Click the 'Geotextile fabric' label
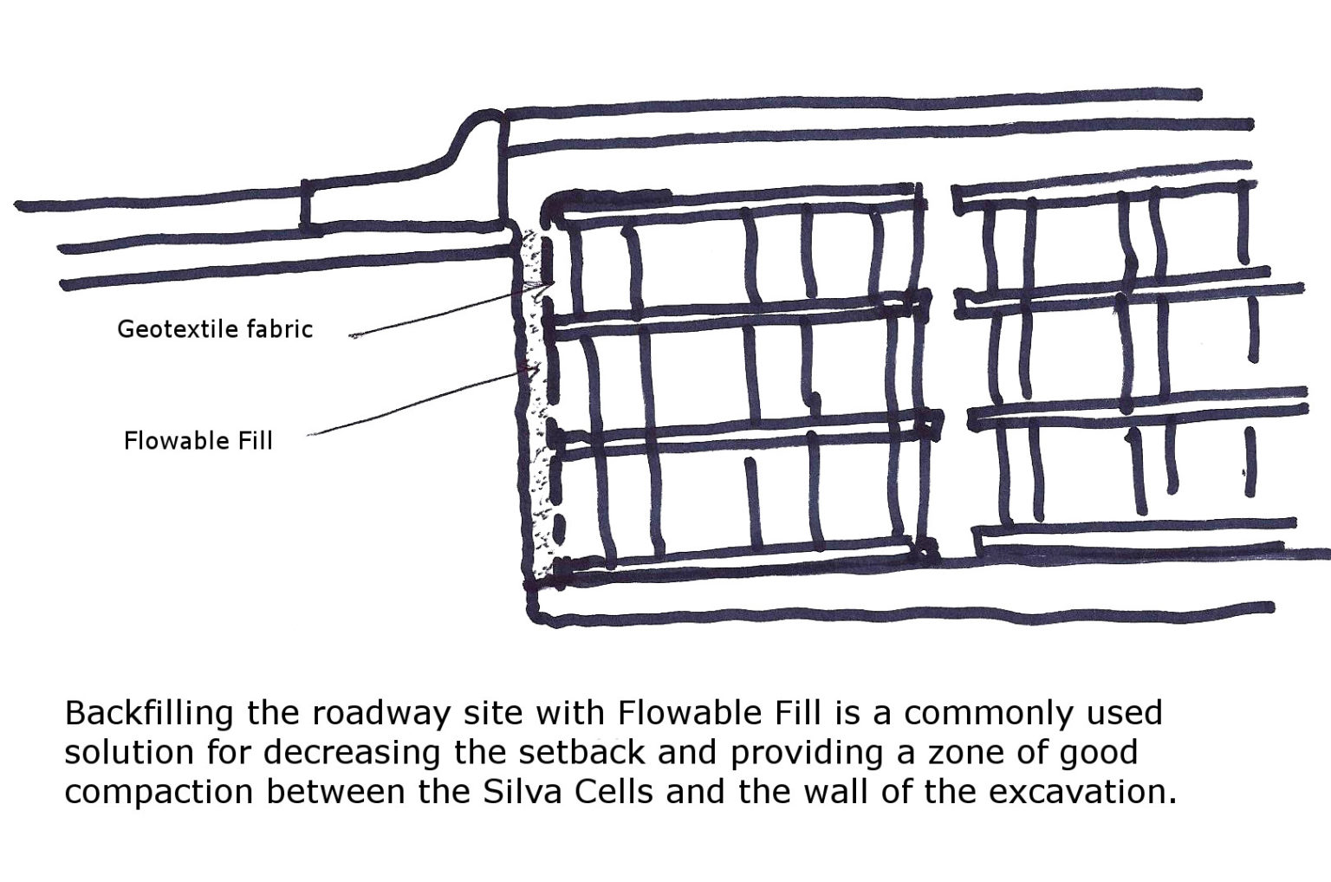[x=214, y=329]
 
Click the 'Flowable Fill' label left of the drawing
[x=198, y=441]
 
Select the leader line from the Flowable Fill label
[x=416, y=405]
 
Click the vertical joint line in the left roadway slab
[x=305, y=206]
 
